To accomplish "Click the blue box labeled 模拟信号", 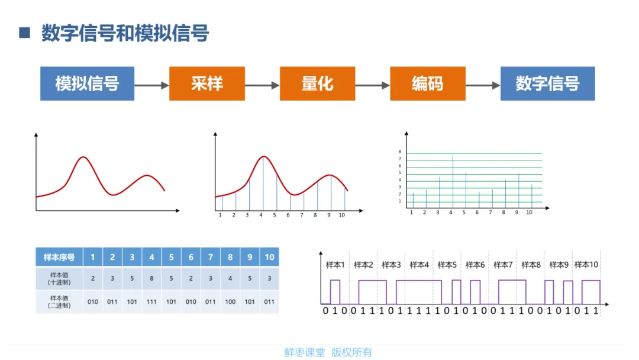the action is click(x=87, y=83).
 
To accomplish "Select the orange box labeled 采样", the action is click(x=206, y=83).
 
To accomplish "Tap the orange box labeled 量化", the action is click(x=317, y=83).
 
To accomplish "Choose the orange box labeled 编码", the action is click(x=427, y=83).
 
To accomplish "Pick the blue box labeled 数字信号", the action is click(x=547, y=83).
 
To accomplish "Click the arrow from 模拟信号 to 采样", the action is click(x=151, y=85).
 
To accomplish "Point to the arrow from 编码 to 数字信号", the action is click(x=482, y=85).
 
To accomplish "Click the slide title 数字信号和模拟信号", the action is click(x=125, y=33).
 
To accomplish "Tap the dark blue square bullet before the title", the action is click(x=24, y=33).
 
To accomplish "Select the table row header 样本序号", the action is click(x=59, y=257).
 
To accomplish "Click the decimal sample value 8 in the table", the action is click(x=151, y=278).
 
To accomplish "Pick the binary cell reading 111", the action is click(x=151, y=301).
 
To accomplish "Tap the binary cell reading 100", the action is click(x=230, y=301).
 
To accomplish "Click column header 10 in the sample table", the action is click(x=269, y=257).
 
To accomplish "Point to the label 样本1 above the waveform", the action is click(x=335, y=265).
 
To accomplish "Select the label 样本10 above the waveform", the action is click(x=586, y=265).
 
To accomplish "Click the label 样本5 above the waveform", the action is click(x=447, y=265).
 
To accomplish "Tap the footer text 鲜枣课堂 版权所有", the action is click(x=328, y=352).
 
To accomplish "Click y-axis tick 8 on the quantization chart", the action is click(x=399, y=152).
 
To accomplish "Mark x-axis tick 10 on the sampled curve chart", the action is click(x=341, y=216).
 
